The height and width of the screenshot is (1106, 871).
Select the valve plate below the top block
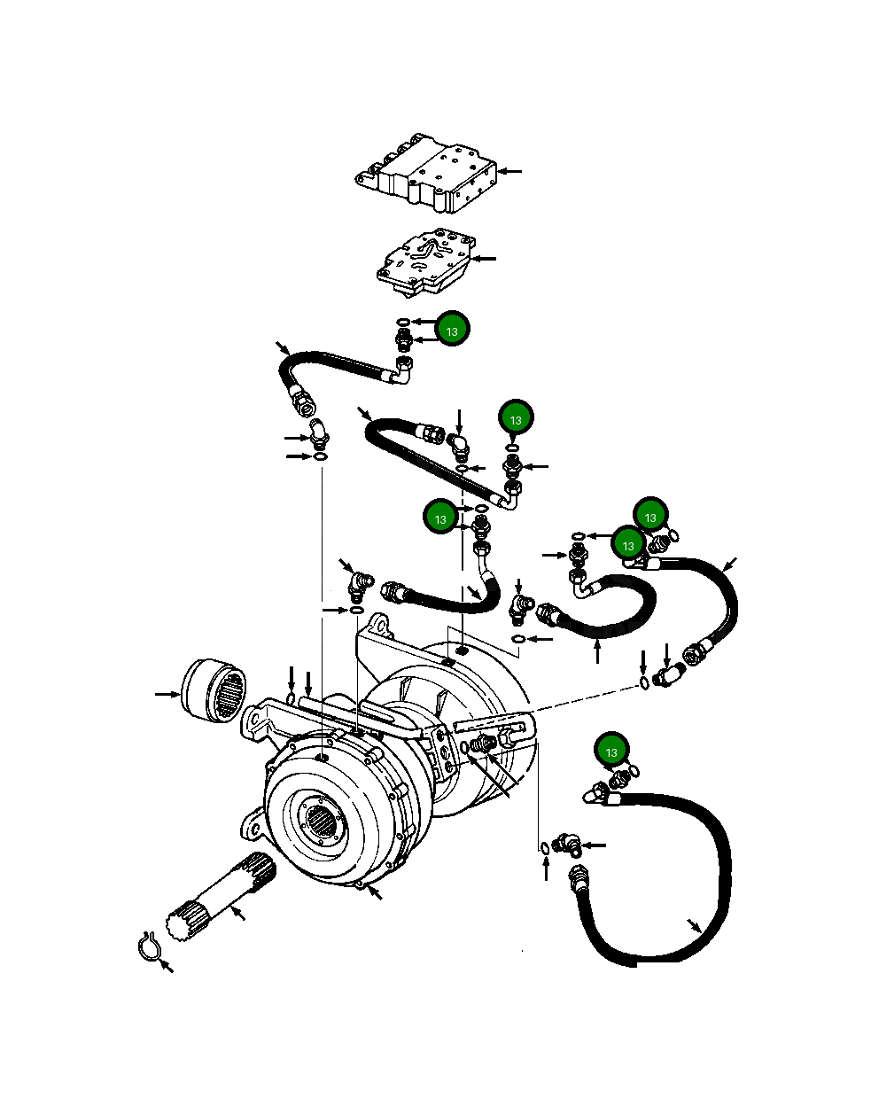click(425, 260)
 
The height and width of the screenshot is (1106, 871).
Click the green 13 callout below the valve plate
click(452, 331)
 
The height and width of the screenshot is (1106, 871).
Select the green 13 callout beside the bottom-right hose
click(611, 752)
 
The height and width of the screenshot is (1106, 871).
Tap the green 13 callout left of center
click(440, 518)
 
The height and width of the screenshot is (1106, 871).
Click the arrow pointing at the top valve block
click(511, 170)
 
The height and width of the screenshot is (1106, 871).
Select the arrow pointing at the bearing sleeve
click(167, 694)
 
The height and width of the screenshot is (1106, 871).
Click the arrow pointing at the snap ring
click(166, 966)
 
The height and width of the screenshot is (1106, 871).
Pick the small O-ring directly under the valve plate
click(403, 321)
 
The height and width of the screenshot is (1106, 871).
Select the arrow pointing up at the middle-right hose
click(598, 651)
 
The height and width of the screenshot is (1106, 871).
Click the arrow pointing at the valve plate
click(486, 259)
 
